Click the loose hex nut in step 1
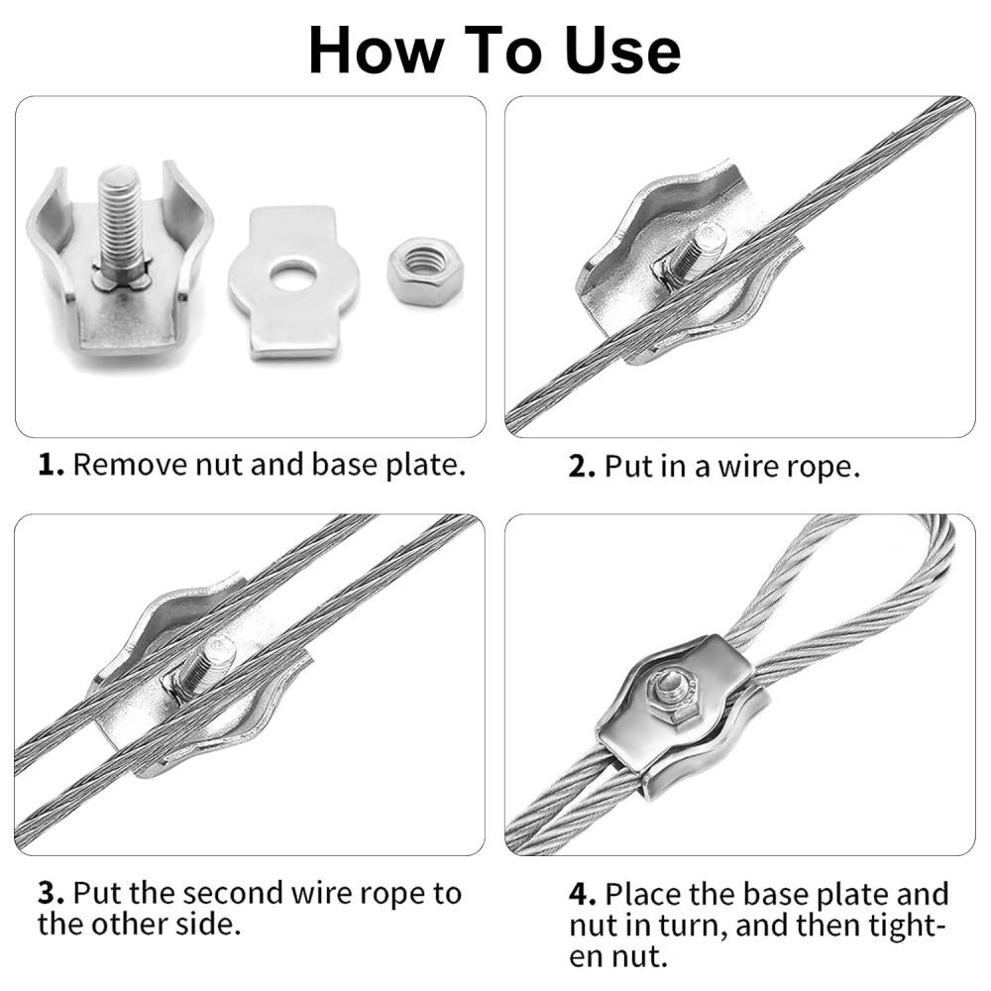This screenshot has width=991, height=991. [425, 270]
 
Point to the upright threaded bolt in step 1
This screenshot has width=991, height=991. [121, 224]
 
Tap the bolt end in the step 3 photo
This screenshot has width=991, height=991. [220, 650]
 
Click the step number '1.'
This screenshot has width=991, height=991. [52, 465]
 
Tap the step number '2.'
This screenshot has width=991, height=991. [582, 467]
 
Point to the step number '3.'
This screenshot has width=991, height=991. [52, 894]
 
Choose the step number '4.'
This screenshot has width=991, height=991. [582, 894]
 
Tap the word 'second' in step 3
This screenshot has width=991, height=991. [235, 894]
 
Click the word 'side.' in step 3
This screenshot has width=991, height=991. [209, 925]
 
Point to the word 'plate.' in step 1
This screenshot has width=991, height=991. [425, 466]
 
